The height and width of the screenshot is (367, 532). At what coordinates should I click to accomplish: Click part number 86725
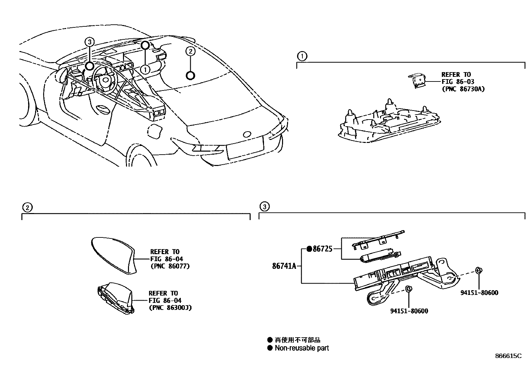pos(322,249)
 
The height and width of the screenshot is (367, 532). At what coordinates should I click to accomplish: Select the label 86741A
pos(284,266)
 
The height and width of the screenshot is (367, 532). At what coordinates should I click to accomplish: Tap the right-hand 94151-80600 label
pos(479,293)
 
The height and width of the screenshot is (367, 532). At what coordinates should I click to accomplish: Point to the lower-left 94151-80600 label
pos(409,311)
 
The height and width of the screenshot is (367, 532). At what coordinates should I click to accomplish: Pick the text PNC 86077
pos(170,266)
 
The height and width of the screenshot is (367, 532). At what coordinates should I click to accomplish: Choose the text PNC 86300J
pos(170,308)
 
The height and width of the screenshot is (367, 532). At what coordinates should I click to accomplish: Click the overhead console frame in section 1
pos(388,124)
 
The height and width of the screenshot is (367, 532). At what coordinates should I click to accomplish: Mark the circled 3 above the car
pos(89,42)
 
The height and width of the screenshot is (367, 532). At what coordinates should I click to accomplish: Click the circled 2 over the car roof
pos(190,51)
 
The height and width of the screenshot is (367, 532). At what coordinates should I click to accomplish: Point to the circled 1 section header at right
pos(302,56)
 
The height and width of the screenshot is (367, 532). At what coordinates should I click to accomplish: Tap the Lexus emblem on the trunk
pos(247,134)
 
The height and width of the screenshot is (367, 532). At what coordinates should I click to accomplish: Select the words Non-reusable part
pos(302,348)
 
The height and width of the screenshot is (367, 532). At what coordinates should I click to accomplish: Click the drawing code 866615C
pos(508,356)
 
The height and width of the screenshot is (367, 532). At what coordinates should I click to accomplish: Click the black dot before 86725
pos(309,249)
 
